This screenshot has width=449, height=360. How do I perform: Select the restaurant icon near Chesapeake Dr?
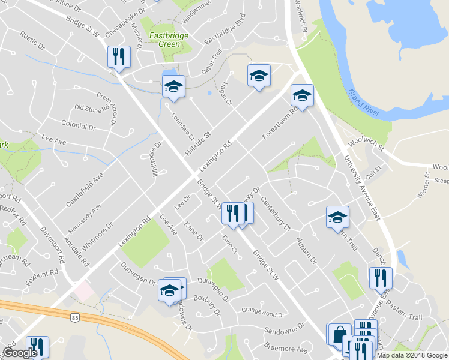(x=118, y=57)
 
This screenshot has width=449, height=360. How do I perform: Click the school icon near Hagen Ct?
(x=259, y=76)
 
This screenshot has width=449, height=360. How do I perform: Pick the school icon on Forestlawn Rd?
(x=302, y=95)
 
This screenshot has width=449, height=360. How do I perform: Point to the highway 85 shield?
(x=74, y=316)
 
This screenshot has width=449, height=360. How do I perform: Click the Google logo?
(x=20, y=353)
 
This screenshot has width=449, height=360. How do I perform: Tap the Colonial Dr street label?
(x=79, y=126)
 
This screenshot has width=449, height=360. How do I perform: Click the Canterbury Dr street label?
(x=276, y=215)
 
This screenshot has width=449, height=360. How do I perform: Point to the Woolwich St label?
(x=366, y=151)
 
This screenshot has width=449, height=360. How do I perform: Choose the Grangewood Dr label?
(x=262, y=314)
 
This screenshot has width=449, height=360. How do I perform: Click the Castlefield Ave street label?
(x=85, y=190)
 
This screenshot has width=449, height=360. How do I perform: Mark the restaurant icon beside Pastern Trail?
(x=381, y=278)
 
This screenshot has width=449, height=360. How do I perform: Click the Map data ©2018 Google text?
(x=412, y=355)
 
